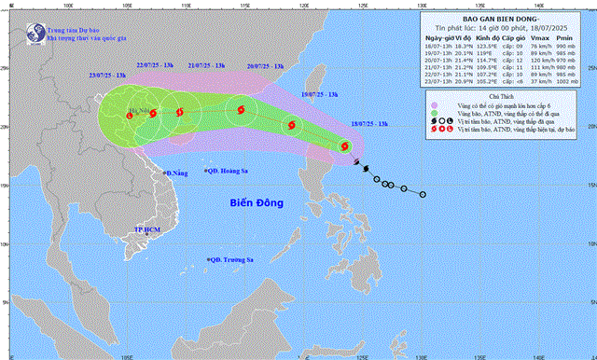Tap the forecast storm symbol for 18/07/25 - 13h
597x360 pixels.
[x=343, y=145]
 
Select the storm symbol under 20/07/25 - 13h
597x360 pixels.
[x=242, y=110]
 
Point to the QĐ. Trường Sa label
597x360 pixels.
[x=234, y=260]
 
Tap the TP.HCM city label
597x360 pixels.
[x=148, y=228]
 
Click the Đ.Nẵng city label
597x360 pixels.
[x=176, y=173]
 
